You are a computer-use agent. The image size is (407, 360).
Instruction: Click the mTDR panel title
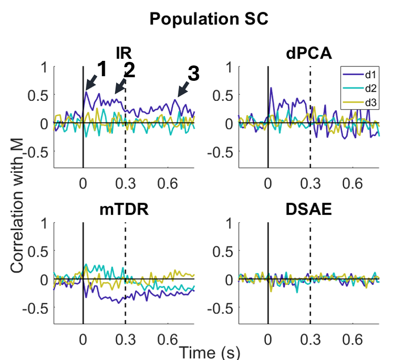point(124,211)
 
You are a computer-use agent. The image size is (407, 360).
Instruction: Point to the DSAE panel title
point(309,211)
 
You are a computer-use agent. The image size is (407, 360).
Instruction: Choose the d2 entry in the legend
point(364,88)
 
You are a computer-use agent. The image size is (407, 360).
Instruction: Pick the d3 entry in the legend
point(364,103)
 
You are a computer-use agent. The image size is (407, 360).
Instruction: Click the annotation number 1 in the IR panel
point(101,70)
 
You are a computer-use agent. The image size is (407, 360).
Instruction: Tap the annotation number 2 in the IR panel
point(129,71)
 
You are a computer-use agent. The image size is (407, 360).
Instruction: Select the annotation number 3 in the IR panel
point(193,74)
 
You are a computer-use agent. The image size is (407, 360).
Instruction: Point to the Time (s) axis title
point(209,352)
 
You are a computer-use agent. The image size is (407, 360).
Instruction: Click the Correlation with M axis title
point(19,201)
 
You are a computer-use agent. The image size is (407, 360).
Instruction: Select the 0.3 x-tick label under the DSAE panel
point(310,338)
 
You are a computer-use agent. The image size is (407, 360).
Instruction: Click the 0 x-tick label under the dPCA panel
point(267,183)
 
